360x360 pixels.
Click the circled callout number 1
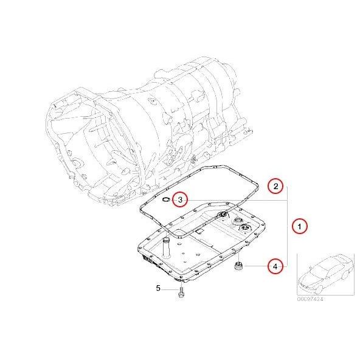pos(299,226)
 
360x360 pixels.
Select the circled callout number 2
pos(275,186)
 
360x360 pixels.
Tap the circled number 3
pos(180,199)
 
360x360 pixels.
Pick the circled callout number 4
pos(275,266)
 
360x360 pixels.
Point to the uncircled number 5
pos(157,288)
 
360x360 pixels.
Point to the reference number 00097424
pos(310,299)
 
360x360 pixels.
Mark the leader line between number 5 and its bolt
pos(170,288)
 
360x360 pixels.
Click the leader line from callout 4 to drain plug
pos(255,266)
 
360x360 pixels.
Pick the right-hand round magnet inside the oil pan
pos(246,229)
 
